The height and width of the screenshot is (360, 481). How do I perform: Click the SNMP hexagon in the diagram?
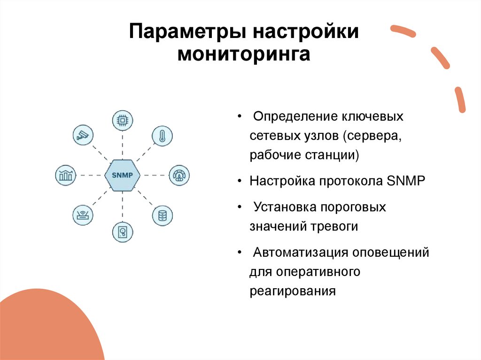(123, 175)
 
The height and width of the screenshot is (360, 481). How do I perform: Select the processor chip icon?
(123, 120)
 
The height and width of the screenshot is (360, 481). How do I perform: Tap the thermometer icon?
(162, 136)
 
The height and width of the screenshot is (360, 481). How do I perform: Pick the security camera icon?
(83, 135)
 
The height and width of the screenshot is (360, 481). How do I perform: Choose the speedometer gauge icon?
(178, 175)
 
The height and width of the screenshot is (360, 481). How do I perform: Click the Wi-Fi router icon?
(83, 215)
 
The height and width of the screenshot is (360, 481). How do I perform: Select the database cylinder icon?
(162, 215)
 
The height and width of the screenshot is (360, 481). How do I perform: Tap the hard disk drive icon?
(123, 232)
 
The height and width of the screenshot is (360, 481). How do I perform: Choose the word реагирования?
(293, 291)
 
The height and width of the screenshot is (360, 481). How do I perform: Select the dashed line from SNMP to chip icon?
(123, 145)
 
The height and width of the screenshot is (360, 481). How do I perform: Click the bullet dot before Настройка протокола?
(240, 181)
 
